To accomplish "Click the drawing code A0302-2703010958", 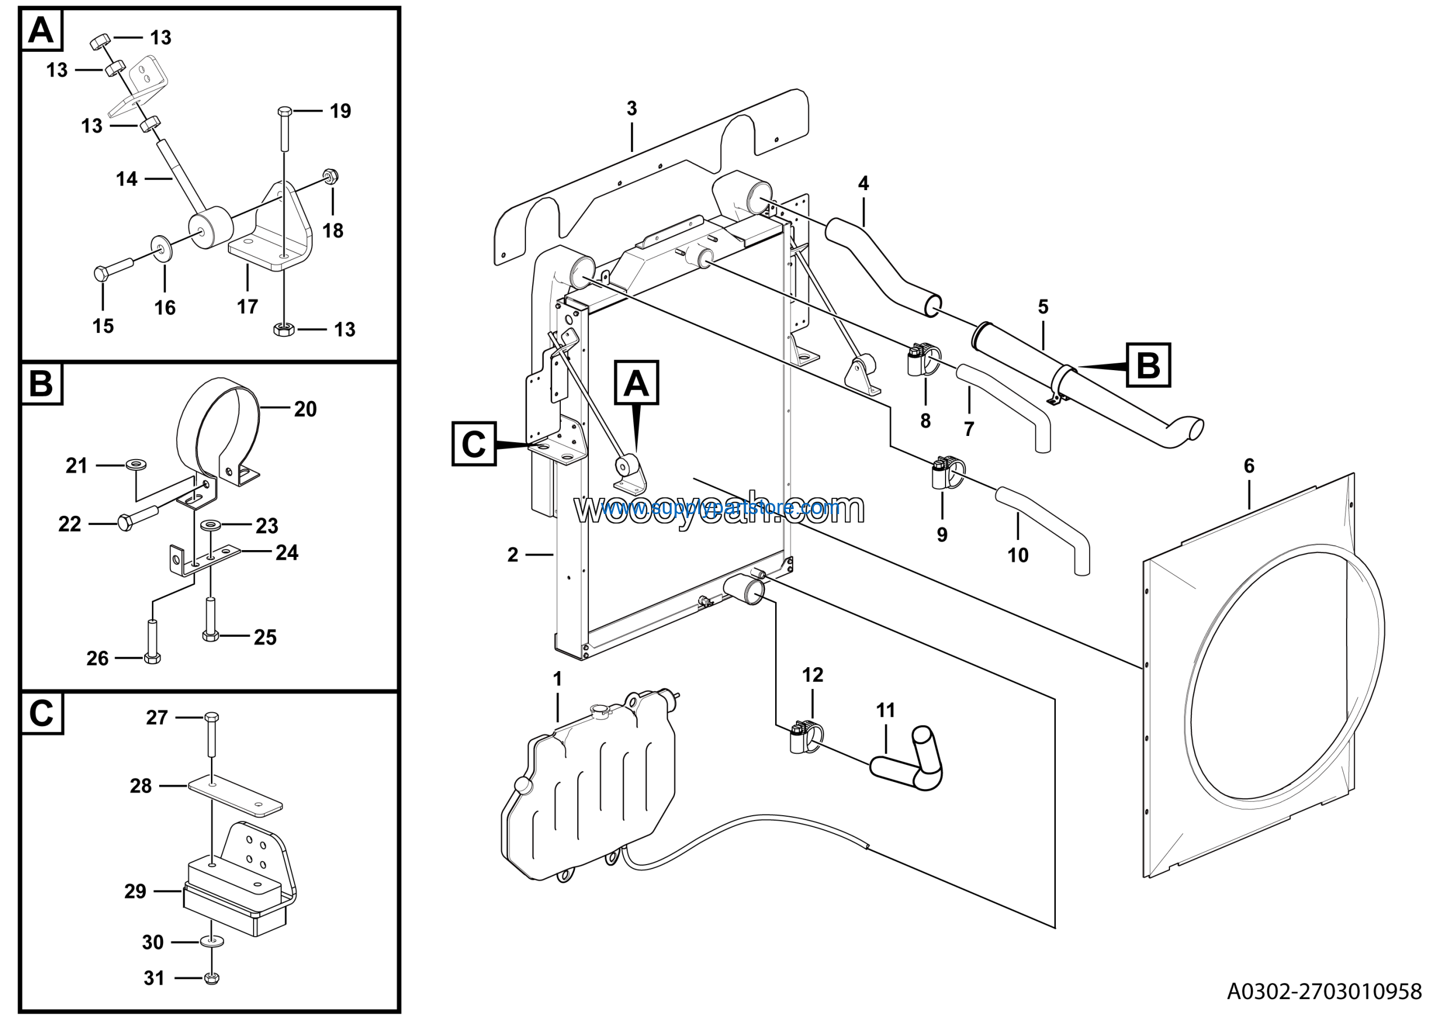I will click(1324, 991).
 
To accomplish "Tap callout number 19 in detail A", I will click(340, 111).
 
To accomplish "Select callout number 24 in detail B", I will click(287, 552).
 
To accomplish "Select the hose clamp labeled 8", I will click(922, 359).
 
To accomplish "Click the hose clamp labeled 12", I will click(805, 736).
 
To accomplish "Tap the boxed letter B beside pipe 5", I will click(1147, 365).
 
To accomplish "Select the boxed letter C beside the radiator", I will click(474, 444).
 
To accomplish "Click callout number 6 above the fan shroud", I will click(1249, 466).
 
